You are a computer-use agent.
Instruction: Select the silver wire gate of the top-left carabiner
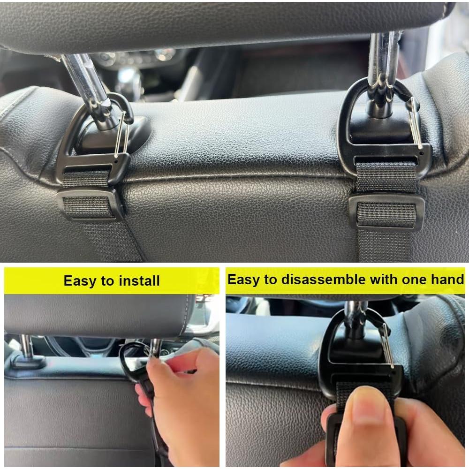point(120,134)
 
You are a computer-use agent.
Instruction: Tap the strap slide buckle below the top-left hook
point(89,204)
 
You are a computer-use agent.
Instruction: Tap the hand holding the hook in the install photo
point(188,399)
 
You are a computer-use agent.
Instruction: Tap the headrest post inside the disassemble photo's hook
point(355,319)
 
